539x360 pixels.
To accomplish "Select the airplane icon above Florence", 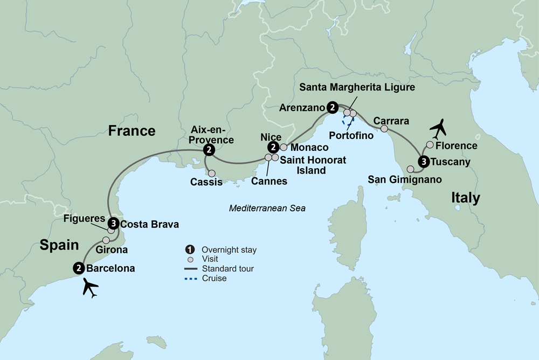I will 440,128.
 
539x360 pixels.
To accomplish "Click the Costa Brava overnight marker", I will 113,223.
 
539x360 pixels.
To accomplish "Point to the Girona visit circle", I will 106,240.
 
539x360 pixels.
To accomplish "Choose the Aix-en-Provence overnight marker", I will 208,151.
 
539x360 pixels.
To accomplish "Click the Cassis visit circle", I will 211,174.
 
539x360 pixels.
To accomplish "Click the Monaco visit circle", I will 284,147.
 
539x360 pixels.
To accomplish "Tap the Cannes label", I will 269,182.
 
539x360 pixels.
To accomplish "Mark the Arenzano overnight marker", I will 333,108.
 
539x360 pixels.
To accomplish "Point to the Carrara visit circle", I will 384,129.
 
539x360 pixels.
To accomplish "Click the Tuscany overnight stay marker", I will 424,161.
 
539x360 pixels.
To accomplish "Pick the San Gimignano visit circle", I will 410,169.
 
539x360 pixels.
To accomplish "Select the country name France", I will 132,130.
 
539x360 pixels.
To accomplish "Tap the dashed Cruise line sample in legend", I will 189,279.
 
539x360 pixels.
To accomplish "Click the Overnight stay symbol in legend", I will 189,250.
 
